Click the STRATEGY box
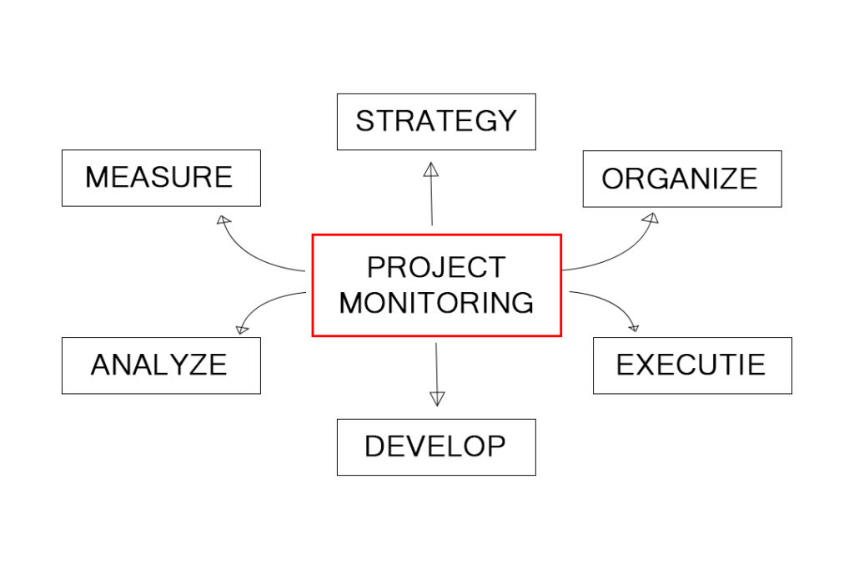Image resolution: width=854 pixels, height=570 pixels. [x=436, y=122]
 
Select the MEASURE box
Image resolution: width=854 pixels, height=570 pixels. [x=161, y=179]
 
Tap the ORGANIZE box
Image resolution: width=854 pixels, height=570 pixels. [x=682, y=179]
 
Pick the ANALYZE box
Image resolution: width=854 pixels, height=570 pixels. [x=161, y=366]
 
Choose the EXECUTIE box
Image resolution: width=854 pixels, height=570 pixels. [x=692, y=366]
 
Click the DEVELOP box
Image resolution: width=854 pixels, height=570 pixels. [x=436, y=447]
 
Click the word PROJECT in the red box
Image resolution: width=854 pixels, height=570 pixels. [x=436, y=267]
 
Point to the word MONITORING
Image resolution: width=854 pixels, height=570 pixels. [x=436, y=303]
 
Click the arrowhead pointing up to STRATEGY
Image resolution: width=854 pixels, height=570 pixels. [x=431, y=169]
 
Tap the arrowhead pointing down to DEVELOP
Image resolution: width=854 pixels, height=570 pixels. [x=437, y=399]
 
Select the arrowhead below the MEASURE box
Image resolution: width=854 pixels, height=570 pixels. [x=224, y=219]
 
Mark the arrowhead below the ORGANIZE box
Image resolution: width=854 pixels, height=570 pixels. [x=651, y=218]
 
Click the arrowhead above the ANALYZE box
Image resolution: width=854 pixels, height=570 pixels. [x=242, y=329]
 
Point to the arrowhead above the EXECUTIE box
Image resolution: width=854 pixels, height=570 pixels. [x=634, y=327]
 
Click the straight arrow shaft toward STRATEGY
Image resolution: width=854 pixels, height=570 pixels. [x=431, y=201]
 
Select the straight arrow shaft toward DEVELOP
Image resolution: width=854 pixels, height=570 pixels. [x=436, y=367]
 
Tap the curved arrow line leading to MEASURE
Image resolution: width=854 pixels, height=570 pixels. [x=250, y=257]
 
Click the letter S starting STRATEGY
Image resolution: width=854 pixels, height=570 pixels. [x=365, y=121]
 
